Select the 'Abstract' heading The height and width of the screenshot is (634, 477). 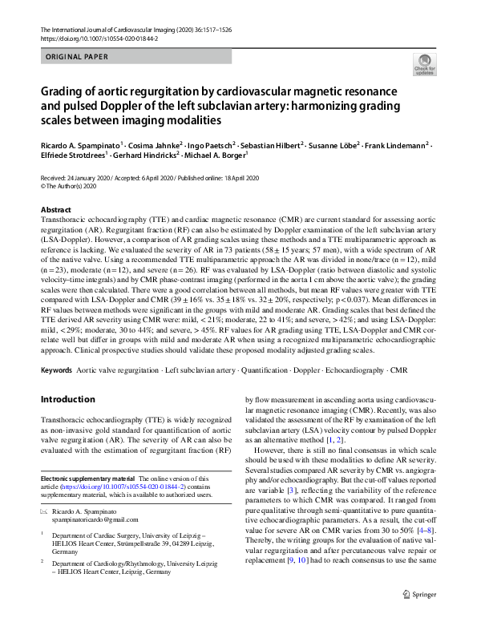55,209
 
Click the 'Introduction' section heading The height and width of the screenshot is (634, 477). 67,399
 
